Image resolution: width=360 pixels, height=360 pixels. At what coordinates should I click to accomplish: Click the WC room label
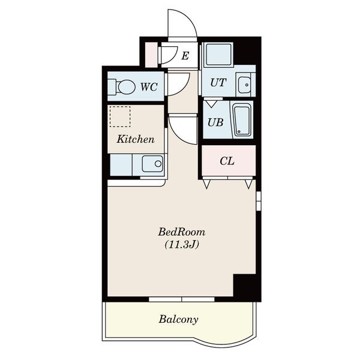click(149, 87)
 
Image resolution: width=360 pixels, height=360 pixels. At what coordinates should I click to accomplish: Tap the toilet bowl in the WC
click(126, 87)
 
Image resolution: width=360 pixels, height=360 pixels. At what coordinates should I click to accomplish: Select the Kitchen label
click(136, 139)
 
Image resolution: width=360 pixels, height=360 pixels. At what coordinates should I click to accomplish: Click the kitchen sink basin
click(152, 163)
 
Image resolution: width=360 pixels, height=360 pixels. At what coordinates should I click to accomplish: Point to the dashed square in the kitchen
click(120, 116)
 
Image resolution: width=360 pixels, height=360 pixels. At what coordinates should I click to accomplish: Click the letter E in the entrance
click(185, 56)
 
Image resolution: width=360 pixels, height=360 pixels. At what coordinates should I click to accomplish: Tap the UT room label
click(218, 82)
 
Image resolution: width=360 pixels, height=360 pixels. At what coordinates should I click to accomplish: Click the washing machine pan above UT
click(218, 55)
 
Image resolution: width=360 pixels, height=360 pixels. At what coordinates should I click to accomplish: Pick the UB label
click(215, 122)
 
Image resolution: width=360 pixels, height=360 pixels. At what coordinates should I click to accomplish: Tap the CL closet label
click(227, 161)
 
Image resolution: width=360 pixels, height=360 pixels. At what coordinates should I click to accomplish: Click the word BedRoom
click(182, 232)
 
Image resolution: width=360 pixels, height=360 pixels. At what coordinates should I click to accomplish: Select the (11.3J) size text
click(182, 245)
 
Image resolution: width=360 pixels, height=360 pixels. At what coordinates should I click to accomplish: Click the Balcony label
click(178, 319)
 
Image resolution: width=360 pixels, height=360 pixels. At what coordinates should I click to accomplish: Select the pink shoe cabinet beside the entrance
click(152, 55)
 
